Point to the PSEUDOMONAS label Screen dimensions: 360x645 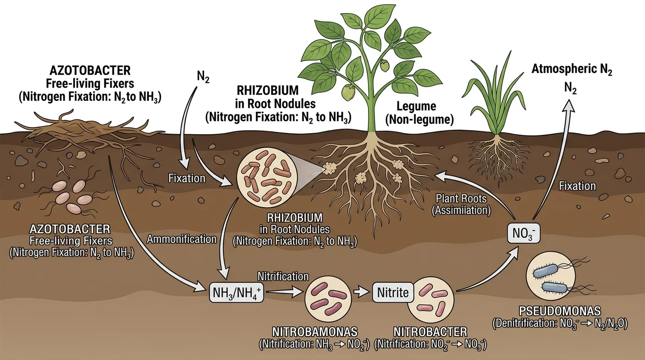click(x=560, y=311)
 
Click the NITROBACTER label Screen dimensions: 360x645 click(x=430, y=332)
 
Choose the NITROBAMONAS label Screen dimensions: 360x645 click(x=315, y=332)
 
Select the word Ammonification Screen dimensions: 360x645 click(x=182, y=239)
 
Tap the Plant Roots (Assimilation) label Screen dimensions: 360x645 click(x=462, y=204)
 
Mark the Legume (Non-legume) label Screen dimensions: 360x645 click(x=419, y=113)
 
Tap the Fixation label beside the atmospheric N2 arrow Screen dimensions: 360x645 click(x=577, y=186)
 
